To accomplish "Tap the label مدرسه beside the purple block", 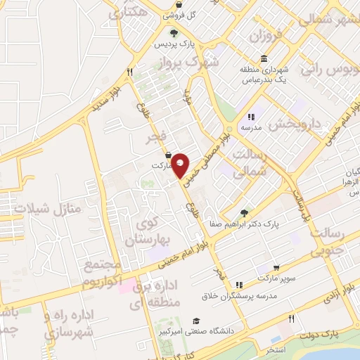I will coord(252,129).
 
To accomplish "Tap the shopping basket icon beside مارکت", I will coord(168,155).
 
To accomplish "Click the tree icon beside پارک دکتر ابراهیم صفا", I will coord(243,213).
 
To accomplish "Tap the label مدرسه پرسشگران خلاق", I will coord(239,296).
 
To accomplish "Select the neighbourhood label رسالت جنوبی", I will coord(334,240).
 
